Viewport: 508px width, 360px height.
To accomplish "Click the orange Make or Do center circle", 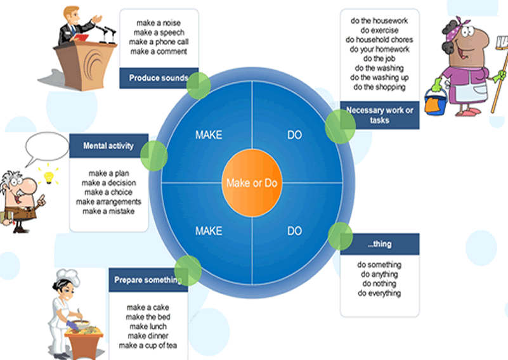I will click(252, 183).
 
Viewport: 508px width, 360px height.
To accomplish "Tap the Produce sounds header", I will click(157, 78).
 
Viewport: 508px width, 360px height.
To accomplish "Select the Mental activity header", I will click(108, 146).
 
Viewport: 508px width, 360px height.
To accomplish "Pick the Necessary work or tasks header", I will click(379, 115).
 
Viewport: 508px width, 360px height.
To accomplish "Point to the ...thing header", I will click(379, 244).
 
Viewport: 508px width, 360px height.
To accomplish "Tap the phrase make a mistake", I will click(108, 211).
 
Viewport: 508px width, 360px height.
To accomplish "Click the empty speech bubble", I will click(46, 146).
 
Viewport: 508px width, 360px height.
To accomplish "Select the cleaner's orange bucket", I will click(436, 103).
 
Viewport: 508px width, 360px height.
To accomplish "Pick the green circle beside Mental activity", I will click(153, 156).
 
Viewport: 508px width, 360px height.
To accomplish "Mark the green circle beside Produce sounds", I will click(199, 85).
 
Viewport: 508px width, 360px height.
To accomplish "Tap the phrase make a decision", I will click(108, 183).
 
